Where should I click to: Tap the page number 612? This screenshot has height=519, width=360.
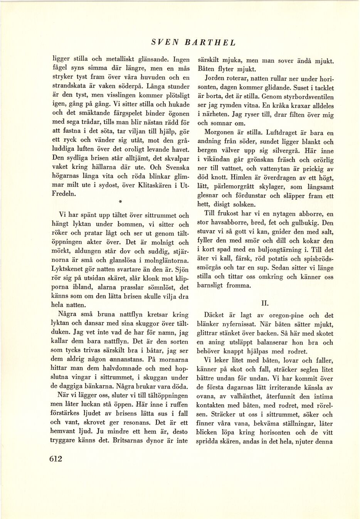tap(56, 458)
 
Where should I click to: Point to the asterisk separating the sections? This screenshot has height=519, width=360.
tap(120, 202)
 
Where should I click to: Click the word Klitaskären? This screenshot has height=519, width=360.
tap(151, 185)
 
